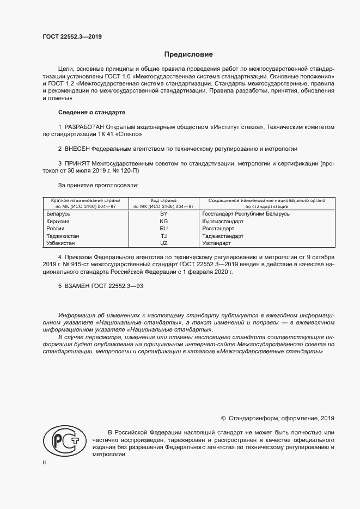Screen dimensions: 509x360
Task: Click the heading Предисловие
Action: tap(188, 54)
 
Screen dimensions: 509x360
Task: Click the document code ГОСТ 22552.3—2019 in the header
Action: tap(72, 37)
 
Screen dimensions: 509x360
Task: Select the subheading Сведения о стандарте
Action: tap(91, 112)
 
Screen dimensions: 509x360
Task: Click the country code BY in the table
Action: tap(164, 214)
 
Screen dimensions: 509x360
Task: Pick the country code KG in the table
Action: tap(164, 222)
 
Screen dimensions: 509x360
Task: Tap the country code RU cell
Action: tap(164, 229)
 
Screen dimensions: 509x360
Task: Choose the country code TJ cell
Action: tap(164, 236)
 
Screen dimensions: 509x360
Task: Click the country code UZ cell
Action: tap(164, 243)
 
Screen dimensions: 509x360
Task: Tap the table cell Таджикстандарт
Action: tap(223, 236)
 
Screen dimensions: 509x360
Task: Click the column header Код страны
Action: tap(164, 200)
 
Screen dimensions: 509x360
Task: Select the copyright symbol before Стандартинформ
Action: tap(223, 418)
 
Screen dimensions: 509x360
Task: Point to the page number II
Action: tap(45, 462)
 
